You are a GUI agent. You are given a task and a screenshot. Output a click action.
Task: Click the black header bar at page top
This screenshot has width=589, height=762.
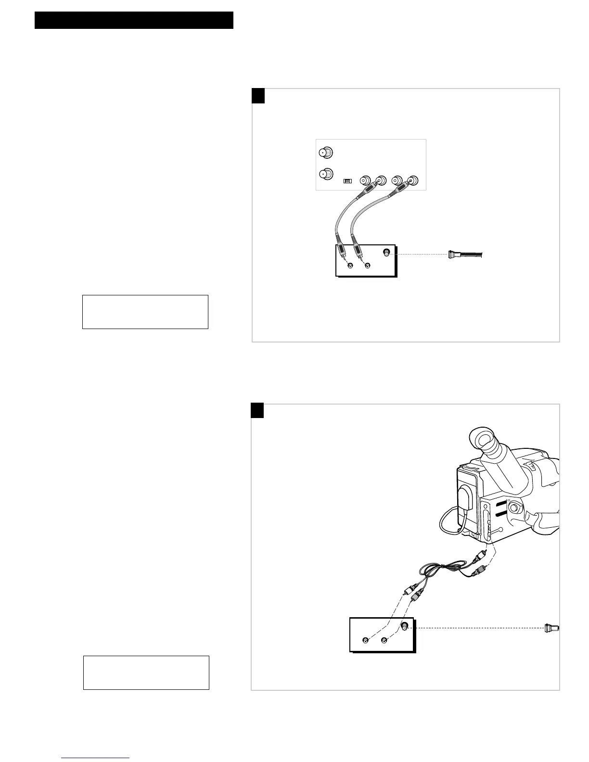(134, 20)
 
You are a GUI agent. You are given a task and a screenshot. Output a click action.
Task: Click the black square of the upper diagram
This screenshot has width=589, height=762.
(258, 96)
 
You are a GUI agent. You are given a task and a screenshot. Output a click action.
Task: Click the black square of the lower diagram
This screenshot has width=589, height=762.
(257, 411)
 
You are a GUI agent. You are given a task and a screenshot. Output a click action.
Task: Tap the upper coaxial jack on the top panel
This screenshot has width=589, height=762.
(326, 152)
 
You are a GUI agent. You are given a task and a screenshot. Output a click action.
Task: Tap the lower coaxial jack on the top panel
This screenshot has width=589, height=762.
(326, 174)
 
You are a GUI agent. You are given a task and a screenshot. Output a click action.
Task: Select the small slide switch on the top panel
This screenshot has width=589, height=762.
(347, 181)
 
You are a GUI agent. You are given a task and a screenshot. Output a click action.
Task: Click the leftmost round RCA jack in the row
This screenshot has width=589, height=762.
(365, 181)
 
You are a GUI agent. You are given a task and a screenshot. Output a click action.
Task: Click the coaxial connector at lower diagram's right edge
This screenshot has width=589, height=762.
(551, 628)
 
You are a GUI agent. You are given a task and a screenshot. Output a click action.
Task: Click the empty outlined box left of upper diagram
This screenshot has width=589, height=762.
(145, 312)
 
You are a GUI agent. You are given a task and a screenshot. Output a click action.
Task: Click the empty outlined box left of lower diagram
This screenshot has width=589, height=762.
(146, 672)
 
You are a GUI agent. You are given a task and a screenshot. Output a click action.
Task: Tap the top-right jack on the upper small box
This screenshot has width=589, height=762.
(386, 253)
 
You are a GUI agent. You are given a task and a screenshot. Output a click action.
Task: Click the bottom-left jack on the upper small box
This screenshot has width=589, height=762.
(350, 266)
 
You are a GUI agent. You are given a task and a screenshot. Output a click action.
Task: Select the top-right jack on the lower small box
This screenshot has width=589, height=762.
(404, 626)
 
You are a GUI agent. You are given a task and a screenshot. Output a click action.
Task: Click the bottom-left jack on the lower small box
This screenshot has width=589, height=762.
(366, 640)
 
